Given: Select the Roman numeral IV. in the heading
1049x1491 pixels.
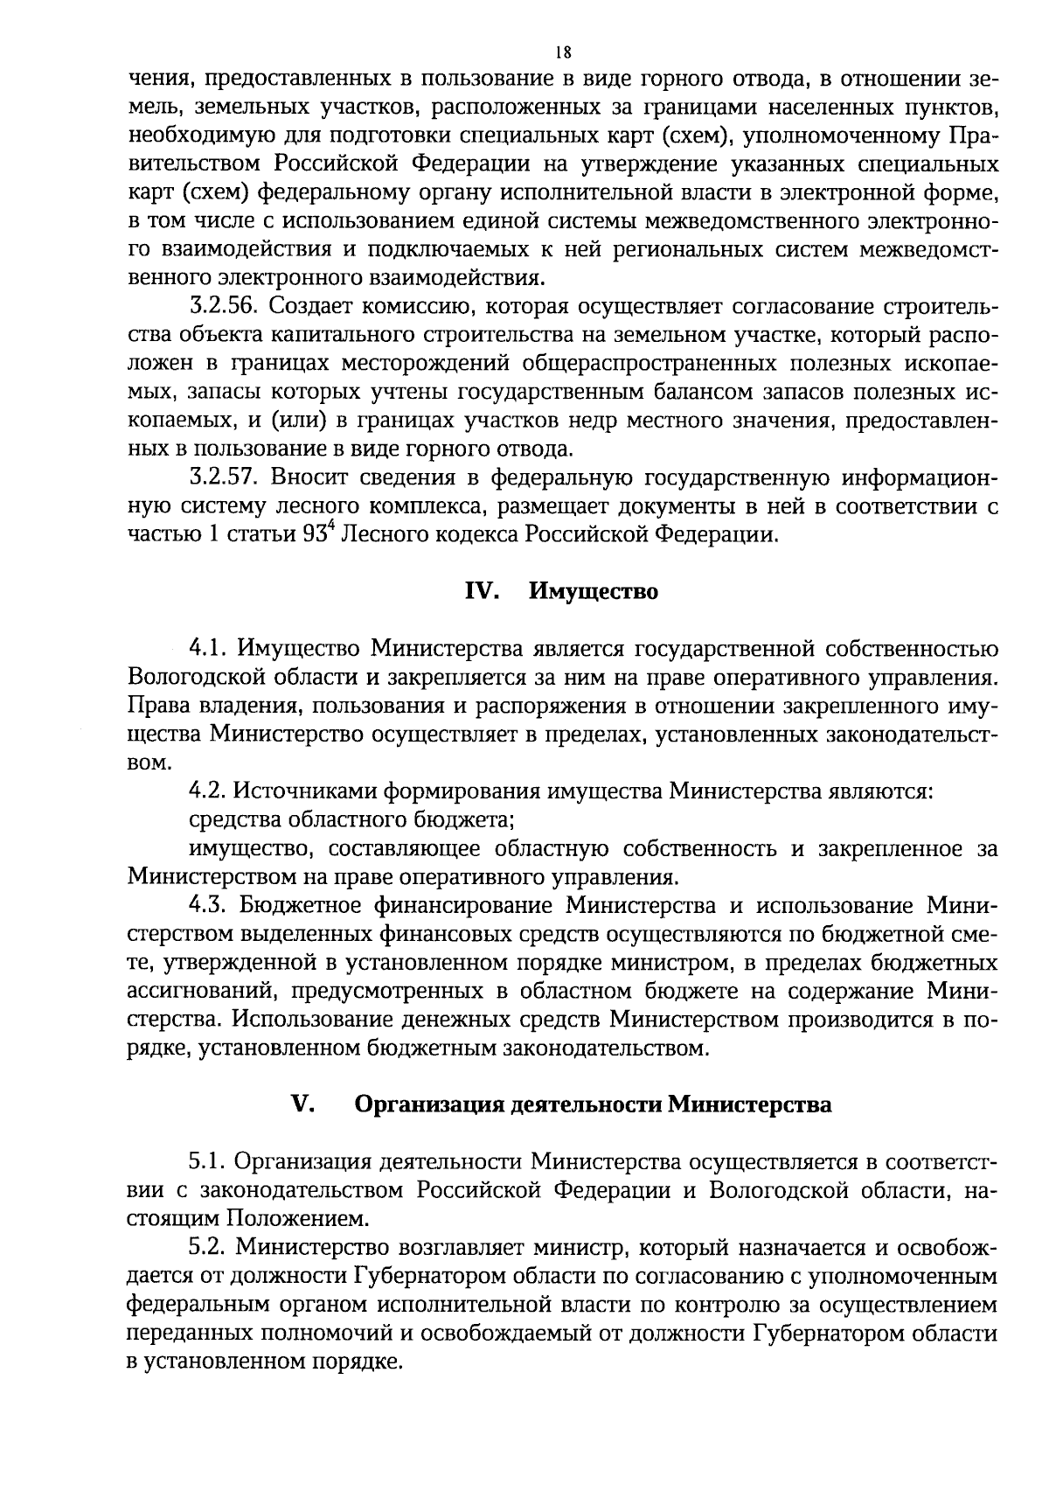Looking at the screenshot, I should [481, 592].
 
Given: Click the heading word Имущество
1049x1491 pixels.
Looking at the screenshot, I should [594, 592].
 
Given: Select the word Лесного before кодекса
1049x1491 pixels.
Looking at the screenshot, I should [397, 535].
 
